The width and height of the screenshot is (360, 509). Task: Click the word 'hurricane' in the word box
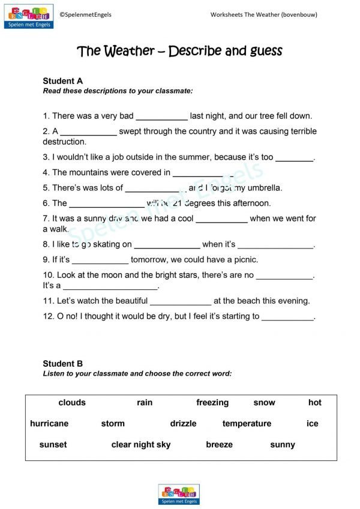(x=49, y=424)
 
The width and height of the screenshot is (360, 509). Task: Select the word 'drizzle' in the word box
(x=183, y=424)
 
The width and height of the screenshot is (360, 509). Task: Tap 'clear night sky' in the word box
(x=141, y=445)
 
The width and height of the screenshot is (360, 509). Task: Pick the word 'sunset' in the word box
(x=53, y=445)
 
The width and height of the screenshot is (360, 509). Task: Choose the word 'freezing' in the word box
(x=212, y=403)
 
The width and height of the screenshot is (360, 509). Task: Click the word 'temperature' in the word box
(x=247, y=424)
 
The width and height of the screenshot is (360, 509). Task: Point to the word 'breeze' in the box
(x=219, y=445)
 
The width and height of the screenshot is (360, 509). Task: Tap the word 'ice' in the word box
(x=312, y=424)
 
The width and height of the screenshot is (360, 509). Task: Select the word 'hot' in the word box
(x=315, y=403)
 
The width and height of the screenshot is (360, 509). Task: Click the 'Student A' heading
(x=63, y=81)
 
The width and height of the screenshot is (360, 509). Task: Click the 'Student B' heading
(x=63, y=364)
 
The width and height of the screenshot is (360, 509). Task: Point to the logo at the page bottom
(x=179, y=494)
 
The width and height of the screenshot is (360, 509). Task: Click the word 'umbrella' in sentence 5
(x=263, y=188)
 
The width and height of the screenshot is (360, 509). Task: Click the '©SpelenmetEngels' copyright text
(x=86, y=14)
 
